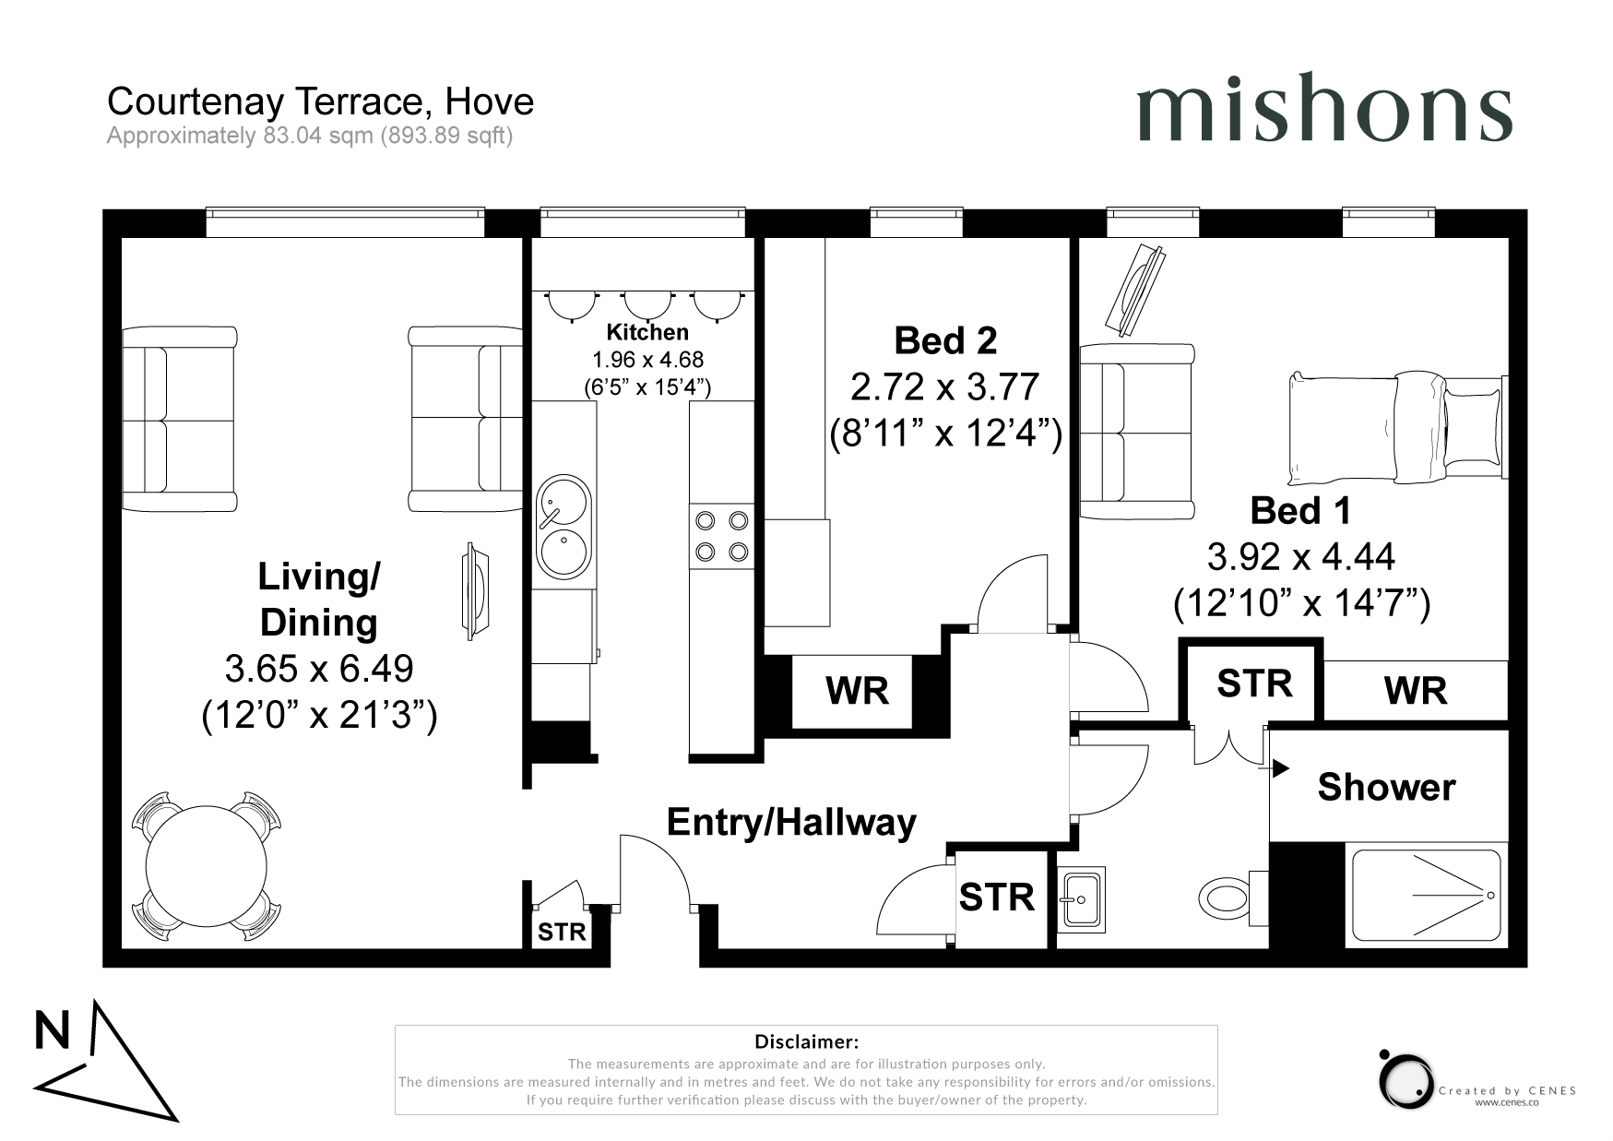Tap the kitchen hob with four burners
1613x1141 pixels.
[x=721, y=536]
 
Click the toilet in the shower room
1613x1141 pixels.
[x=1224, y=896]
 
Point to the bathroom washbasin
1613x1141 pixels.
[x=1080, y=897]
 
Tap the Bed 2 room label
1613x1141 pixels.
[x=945, y=341]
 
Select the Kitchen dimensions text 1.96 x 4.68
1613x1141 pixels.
[x=647, y=360]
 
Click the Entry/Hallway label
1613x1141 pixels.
[x=791, y=822]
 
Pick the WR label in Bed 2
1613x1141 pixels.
[x=857, y=691]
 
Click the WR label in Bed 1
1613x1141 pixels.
[x=1416, y=691]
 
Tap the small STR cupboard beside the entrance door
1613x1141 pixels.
[x=562, y=932]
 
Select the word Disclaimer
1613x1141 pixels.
[x=806, y=1042]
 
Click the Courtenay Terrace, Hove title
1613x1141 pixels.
[x=320, y=101]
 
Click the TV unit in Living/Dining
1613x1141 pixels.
[x=475, y=590]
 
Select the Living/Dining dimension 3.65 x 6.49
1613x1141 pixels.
[x=318, y=668]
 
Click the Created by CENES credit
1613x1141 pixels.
[x=1507, y=1090]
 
